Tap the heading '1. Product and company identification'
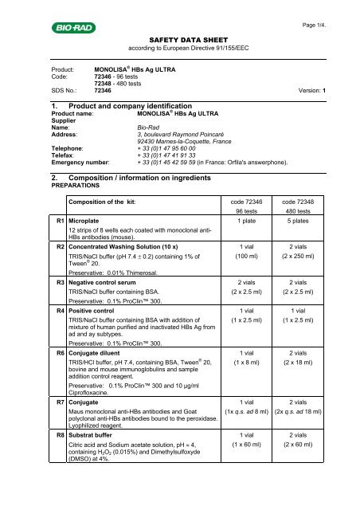pos(118,107)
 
